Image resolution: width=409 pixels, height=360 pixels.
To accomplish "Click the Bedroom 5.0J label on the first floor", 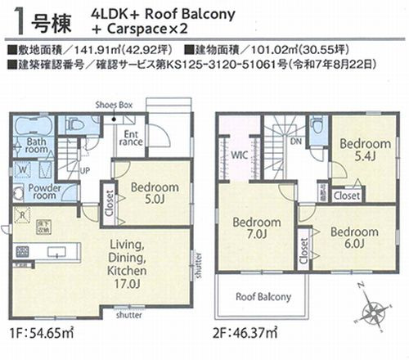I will [155, 191].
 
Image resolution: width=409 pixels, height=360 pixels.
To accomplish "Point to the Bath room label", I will [38, 147].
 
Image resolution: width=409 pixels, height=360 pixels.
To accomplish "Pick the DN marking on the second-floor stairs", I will [296, 139].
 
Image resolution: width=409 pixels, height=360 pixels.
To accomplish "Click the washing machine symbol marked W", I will [22, 169].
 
